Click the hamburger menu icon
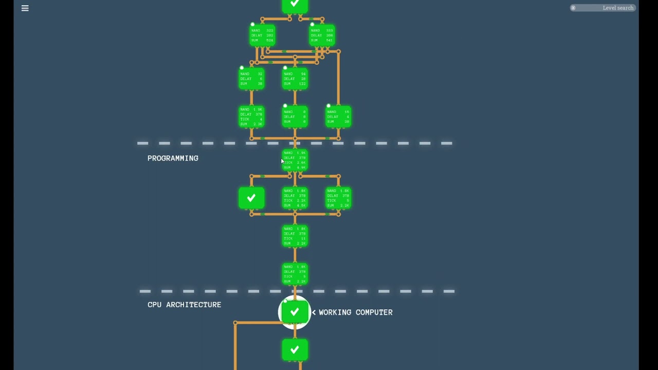[x=25, y=8]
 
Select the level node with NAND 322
[x=262, y=35]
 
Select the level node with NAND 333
[x=322, y=35]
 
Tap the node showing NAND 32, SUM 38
[x=251, y=79]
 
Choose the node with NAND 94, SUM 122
[x=295, y=79]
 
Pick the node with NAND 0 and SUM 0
[x=295, y=117]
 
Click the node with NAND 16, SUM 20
[x=338, y=117]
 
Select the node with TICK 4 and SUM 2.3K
[x=251, y=117]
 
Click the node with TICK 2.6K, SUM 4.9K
[x=295, y=160]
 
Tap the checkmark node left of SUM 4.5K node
[x=251, y=198]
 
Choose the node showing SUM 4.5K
[x=295, y=198]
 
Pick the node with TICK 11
[x=295, y=236]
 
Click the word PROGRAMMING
[x=173, y=158]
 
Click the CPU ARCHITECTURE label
[x=184, y=305]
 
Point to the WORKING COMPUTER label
[x=355, y=312]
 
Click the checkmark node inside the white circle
[x=295, y=312]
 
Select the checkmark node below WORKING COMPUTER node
[x=295, y=350]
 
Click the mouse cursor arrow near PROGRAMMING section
[x=282, y=161]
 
